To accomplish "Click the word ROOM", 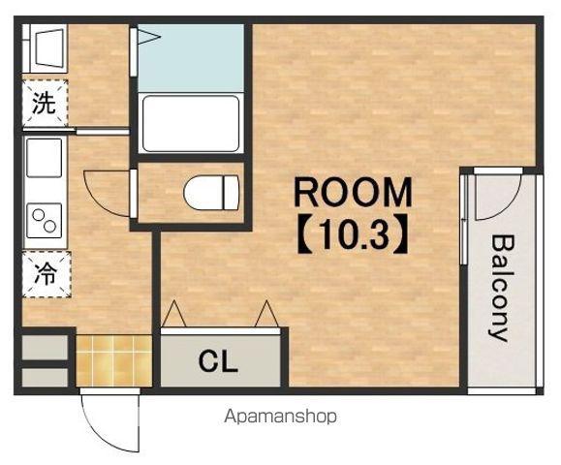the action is (x=353, y=193).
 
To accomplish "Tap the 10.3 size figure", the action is (x=353, y=233).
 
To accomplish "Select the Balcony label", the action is (x=502, y=288).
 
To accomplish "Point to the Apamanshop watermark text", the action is (x=281, y=417).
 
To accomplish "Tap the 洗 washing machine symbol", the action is (x=45, y=103).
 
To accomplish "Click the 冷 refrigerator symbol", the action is (x=47, y=274).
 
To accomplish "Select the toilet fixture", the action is (x=211, y=193).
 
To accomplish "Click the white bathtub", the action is (x=191, y=124).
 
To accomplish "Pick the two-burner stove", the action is (x=45, y=221).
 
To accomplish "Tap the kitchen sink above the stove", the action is (x=45, y=158).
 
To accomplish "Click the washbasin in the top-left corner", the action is (x=50, y=48).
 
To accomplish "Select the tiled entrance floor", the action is (x=113, y=360).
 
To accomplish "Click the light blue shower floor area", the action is (x=191, y=58).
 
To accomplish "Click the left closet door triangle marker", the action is (x=173, y=314).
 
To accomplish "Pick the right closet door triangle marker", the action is (x=266, y=314).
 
